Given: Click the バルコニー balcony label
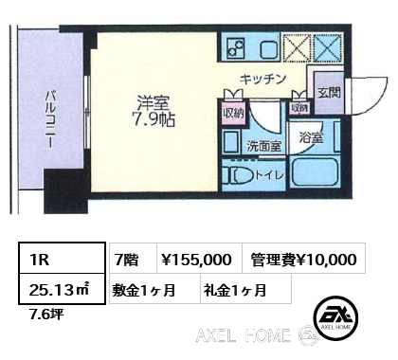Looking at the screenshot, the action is pyautogui.click(x=50, y=119).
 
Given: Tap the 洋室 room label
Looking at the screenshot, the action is pyautogui.click(x=154, y=102).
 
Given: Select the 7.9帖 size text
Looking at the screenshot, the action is pyautogui.click(x=154, y=119).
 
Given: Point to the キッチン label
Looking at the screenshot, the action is pyautogui.click(x=262, y=79).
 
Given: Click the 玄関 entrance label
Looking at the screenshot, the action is pyautogui.click(x=329, y=93).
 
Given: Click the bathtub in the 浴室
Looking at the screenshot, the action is pyautogui.click(x=316, y=172).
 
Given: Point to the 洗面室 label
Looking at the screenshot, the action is pyautogui.click(x=264, y=146).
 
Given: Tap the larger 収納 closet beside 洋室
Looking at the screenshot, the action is pyautogui.click(x=234, y=114).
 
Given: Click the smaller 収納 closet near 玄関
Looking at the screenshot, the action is pyautogui.click(x=299, y=108).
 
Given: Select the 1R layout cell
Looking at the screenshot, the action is pyautogui.click(x=62, y=258).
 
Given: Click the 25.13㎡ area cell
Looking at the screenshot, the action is pyautogui.click(x=62, y=289).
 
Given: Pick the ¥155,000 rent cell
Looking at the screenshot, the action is pyautogui.click(x=200, y=258).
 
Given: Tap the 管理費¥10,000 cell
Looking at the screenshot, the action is pyautogui.click(x=304, y=258).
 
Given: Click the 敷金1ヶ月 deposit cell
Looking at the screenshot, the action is pyautogui.click(x=154, y=289).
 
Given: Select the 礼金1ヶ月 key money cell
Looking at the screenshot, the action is pyautogui.click(x=245, y=289).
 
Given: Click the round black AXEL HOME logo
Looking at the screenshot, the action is pyautogui.click(x=335, y=318).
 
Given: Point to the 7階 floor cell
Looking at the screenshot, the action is pyautogui.click(x=134, y=258).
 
